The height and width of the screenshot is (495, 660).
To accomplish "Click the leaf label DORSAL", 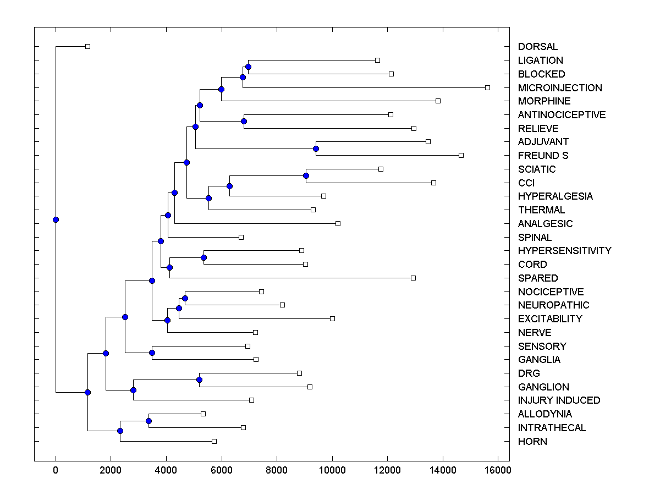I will coord(537,47).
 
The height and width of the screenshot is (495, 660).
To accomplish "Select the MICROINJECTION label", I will coord(560,87).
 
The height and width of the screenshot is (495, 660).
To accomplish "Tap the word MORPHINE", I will coord(544,101).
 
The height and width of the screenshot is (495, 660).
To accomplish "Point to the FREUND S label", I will coord(543,156).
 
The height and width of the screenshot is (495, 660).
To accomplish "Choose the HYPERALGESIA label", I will coord(555,196).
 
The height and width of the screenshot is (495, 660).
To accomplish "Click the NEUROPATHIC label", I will coord(553,305).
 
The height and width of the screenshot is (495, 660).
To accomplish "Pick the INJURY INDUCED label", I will coord(559,400).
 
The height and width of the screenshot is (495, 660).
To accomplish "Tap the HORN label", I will coord(532,442).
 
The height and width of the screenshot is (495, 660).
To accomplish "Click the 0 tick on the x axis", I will coord(56,469).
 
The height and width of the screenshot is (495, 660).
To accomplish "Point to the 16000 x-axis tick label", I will coord(498,469).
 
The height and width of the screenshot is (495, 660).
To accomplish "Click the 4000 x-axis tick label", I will coord(166,469).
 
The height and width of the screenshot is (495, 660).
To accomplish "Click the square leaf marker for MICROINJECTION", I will coord(487,87).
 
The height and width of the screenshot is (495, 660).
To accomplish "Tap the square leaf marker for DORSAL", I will coord(87,46).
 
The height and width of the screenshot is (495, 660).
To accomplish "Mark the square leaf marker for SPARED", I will coord(413,278).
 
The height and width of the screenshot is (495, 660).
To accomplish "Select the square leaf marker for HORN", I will coord(214,441).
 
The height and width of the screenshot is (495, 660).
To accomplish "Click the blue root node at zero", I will coord(56,219).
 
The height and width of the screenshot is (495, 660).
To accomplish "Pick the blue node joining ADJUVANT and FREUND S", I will coord(316,148).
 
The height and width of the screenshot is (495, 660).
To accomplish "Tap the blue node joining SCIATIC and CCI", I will coord(306,175).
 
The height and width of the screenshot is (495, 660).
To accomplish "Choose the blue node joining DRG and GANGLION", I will coord(199,380).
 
